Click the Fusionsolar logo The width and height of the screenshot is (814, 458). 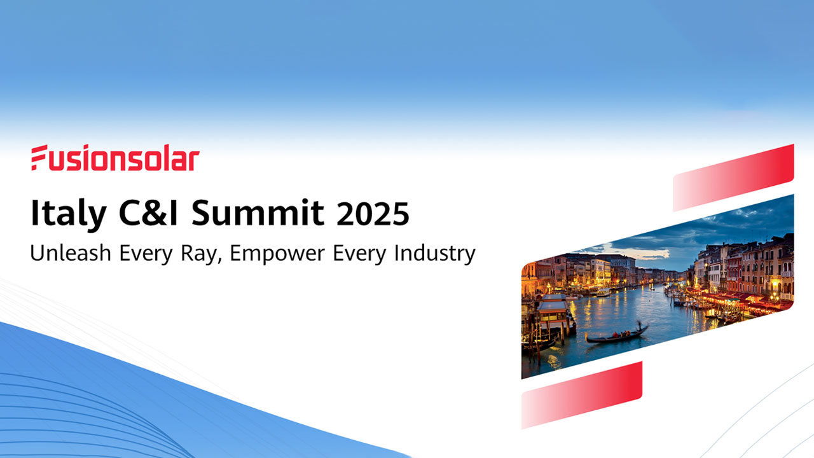click(x=115, y=158)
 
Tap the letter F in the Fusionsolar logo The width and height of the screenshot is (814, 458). click(x=40, y=158)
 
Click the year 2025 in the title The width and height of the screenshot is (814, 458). click(x=373, y=214)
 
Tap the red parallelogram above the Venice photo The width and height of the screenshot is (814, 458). click(x=733, y=178)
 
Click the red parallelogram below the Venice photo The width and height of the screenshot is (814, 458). click(x=581, y=395)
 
